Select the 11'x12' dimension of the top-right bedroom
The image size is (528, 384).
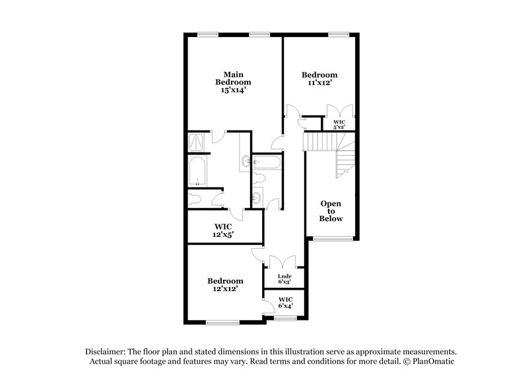319,84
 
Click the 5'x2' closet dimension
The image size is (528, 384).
339,127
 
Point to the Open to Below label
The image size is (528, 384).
331,211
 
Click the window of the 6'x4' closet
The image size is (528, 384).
284,319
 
